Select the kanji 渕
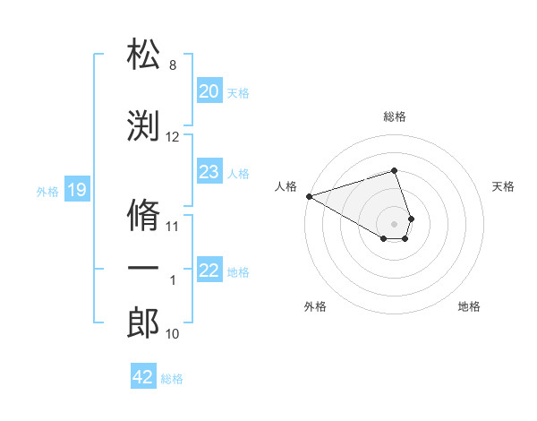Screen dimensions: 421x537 [x=143, y=125]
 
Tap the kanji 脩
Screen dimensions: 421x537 [x=143, y=215]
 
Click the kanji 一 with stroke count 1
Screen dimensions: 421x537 [x=143, y=270]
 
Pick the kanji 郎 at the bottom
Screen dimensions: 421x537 [x=143, y=323]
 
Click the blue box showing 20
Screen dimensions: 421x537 [x=209, y=91]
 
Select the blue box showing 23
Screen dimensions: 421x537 [x=209, y=172]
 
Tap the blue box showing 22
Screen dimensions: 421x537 [x=209, y=271]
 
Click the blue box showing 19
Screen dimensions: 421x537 [x=76, y=190]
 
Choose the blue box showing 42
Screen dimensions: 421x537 [x=142, y=377]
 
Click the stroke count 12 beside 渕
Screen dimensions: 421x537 [x=173, y=137]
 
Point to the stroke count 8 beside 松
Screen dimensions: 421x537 [x=173, y=65]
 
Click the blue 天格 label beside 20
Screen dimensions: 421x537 [x=238, y=92]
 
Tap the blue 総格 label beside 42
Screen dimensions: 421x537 [x=172, y=379]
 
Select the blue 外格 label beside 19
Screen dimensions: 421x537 [x=47, y=191]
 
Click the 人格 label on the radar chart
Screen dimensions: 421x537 [x=286, y=186]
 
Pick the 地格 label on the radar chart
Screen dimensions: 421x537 [x=469, y=306]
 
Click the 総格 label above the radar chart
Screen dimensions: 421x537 [x=394, y=116]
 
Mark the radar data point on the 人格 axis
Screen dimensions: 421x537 [x=309, y=195]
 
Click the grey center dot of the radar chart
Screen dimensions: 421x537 [x=394, y=223]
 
